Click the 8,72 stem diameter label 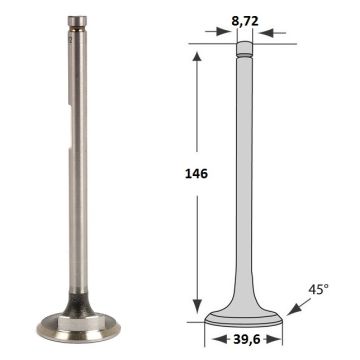245,21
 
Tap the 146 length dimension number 196,174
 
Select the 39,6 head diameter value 246,339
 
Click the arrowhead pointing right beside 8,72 224,32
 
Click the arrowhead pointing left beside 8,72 266,33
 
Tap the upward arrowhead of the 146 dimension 197,57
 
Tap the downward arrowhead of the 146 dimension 197,306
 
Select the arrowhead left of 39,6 219,339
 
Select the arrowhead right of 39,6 273,339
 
